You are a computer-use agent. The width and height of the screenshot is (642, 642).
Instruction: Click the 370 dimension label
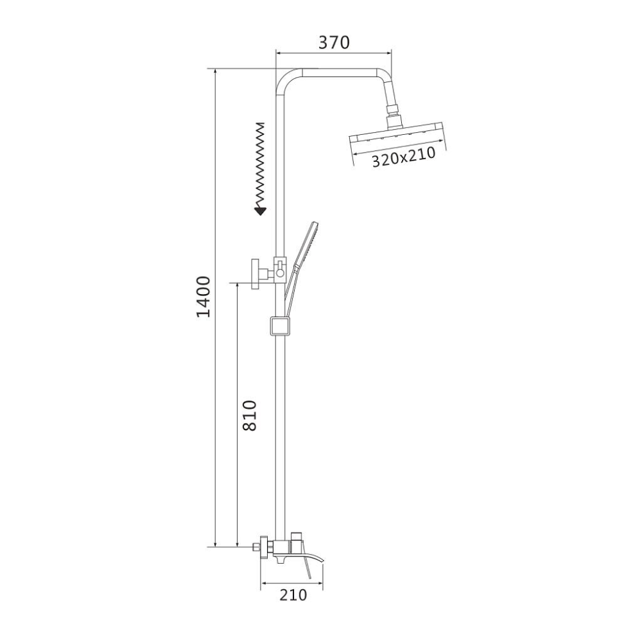(x=334, y=42)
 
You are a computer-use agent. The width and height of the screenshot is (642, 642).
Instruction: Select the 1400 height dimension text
(x=204, y=297)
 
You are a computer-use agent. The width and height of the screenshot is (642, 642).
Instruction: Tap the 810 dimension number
(x=249, y=415)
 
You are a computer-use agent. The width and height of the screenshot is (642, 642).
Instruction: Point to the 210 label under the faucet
(x=293, y=595)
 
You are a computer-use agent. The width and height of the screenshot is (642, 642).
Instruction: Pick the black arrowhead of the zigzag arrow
(x=260, y=211)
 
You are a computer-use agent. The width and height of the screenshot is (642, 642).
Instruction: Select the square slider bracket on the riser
(x=279, y=326)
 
